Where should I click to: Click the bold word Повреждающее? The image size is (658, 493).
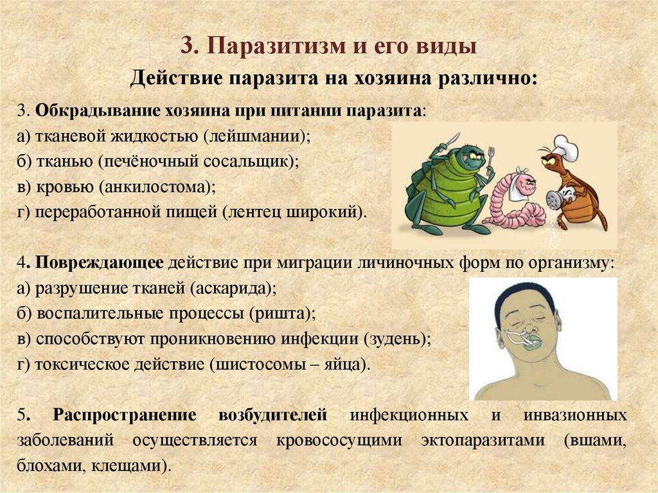[101, 262]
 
